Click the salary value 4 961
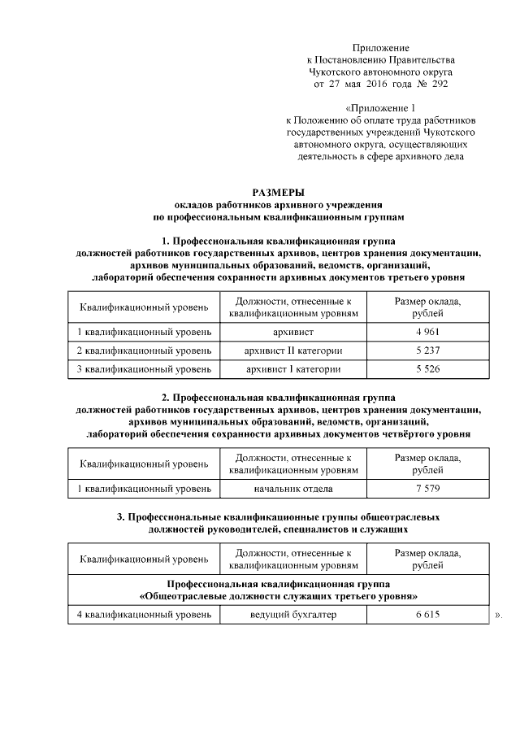click(427, 332)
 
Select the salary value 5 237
click(427, 351)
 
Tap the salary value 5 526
click(427, 369)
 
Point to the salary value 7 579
click(427, 488)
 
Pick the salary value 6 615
click(427, 615)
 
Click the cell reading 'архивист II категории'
click(293, 351)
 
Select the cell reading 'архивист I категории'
click(293, 369)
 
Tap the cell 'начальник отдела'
click(293, 488)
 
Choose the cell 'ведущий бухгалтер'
click(293, 615)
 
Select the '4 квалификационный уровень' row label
click(144, 615)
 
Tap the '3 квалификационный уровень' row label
click(144, 369)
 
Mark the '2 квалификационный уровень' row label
click(144, 351)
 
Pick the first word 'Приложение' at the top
click(381, 49)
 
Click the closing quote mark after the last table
click(498, 616)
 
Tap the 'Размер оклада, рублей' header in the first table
click(427, 307)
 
